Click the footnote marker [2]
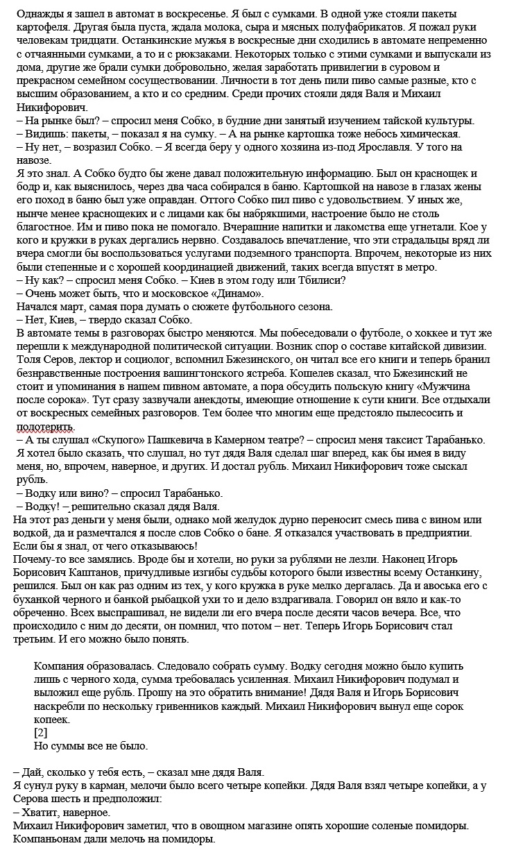click(x=41, y=733)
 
